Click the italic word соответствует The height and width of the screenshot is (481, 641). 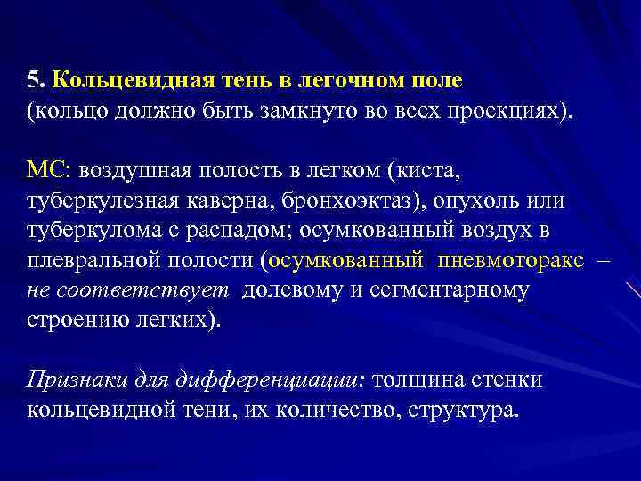[172, 289]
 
